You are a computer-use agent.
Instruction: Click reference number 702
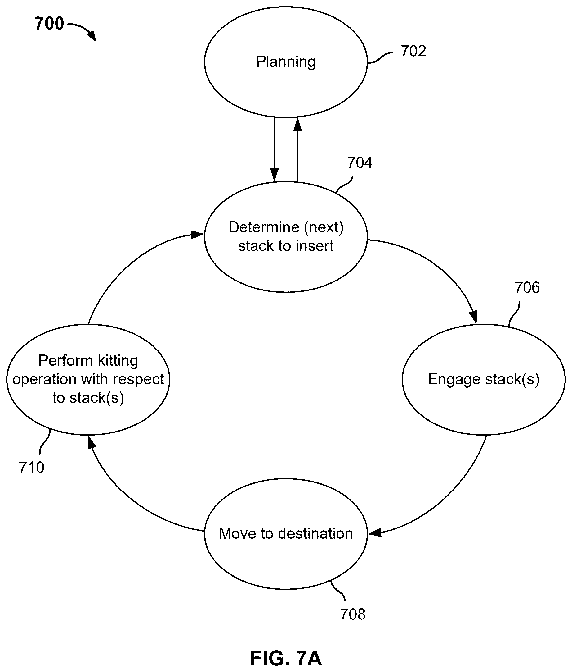tap(413, 51)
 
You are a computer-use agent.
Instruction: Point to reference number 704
tap(360, 162)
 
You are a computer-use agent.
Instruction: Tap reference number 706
tap(527, 288)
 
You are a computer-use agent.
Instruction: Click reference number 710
tap(31, 467)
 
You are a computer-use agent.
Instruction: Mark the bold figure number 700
tap(49, 24)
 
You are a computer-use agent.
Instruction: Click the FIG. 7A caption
tap(286, 658)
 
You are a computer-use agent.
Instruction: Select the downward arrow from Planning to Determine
tap(274, 149)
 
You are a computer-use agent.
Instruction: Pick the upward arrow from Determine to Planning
tap(298, 149)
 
